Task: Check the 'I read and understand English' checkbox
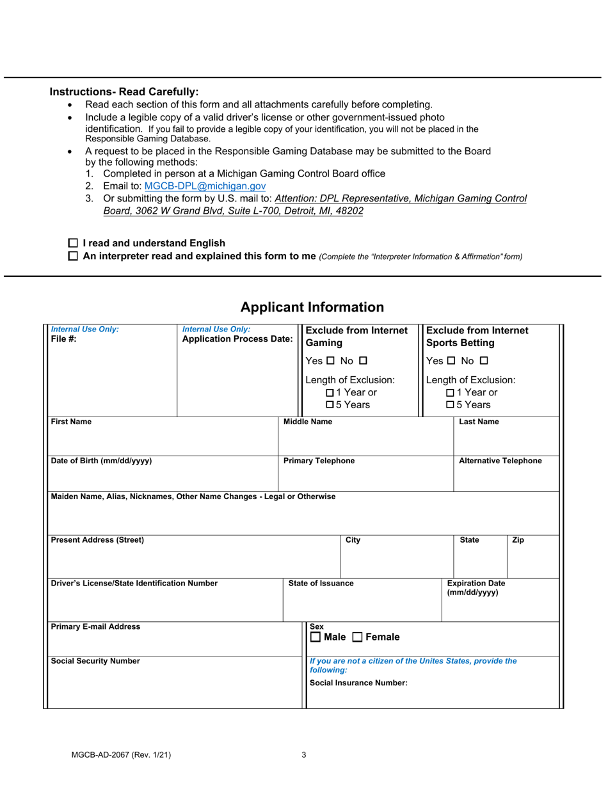point(72,243)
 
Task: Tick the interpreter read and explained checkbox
point(72,257)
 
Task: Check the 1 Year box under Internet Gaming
point(330,392)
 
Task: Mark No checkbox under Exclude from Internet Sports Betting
point(484,361)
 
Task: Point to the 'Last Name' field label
point(479,422)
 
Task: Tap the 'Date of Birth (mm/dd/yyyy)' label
point(101,461)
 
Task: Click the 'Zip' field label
point(518,540)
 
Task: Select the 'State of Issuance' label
point(321,583)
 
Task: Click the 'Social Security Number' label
point(95,661)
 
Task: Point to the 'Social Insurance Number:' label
point(358,683)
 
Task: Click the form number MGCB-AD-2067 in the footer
point(121,754)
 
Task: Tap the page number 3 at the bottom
point(304,754)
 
